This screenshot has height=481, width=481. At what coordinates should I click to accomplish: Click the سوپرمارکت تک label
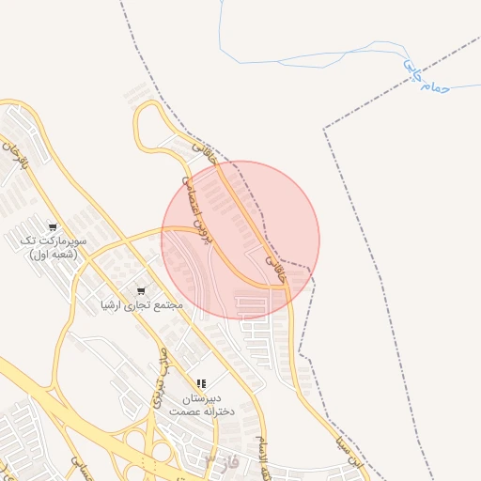(53, 240)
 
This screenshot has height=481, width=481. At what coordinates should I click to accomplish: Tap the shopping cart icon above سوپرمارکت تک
(53, 226)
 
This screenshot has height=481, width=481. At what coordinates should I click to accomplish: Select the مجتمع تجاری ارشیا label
(142, 305)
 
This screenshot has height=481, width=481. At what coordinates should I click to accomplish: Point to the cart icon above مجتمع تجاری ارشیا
(142, 290)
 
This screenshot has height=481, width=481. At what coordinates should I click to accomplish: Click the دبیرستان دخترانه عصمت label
(201, 405)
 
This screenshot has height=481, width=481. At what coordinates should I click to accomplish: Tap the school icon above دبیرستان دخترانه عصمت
(201, 384)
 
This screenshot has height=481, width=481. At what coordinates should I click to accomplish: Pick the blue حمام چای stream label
(427, 81)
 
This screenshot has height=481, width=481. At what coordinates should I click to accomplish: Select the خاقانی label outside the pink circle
(204, 149)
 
